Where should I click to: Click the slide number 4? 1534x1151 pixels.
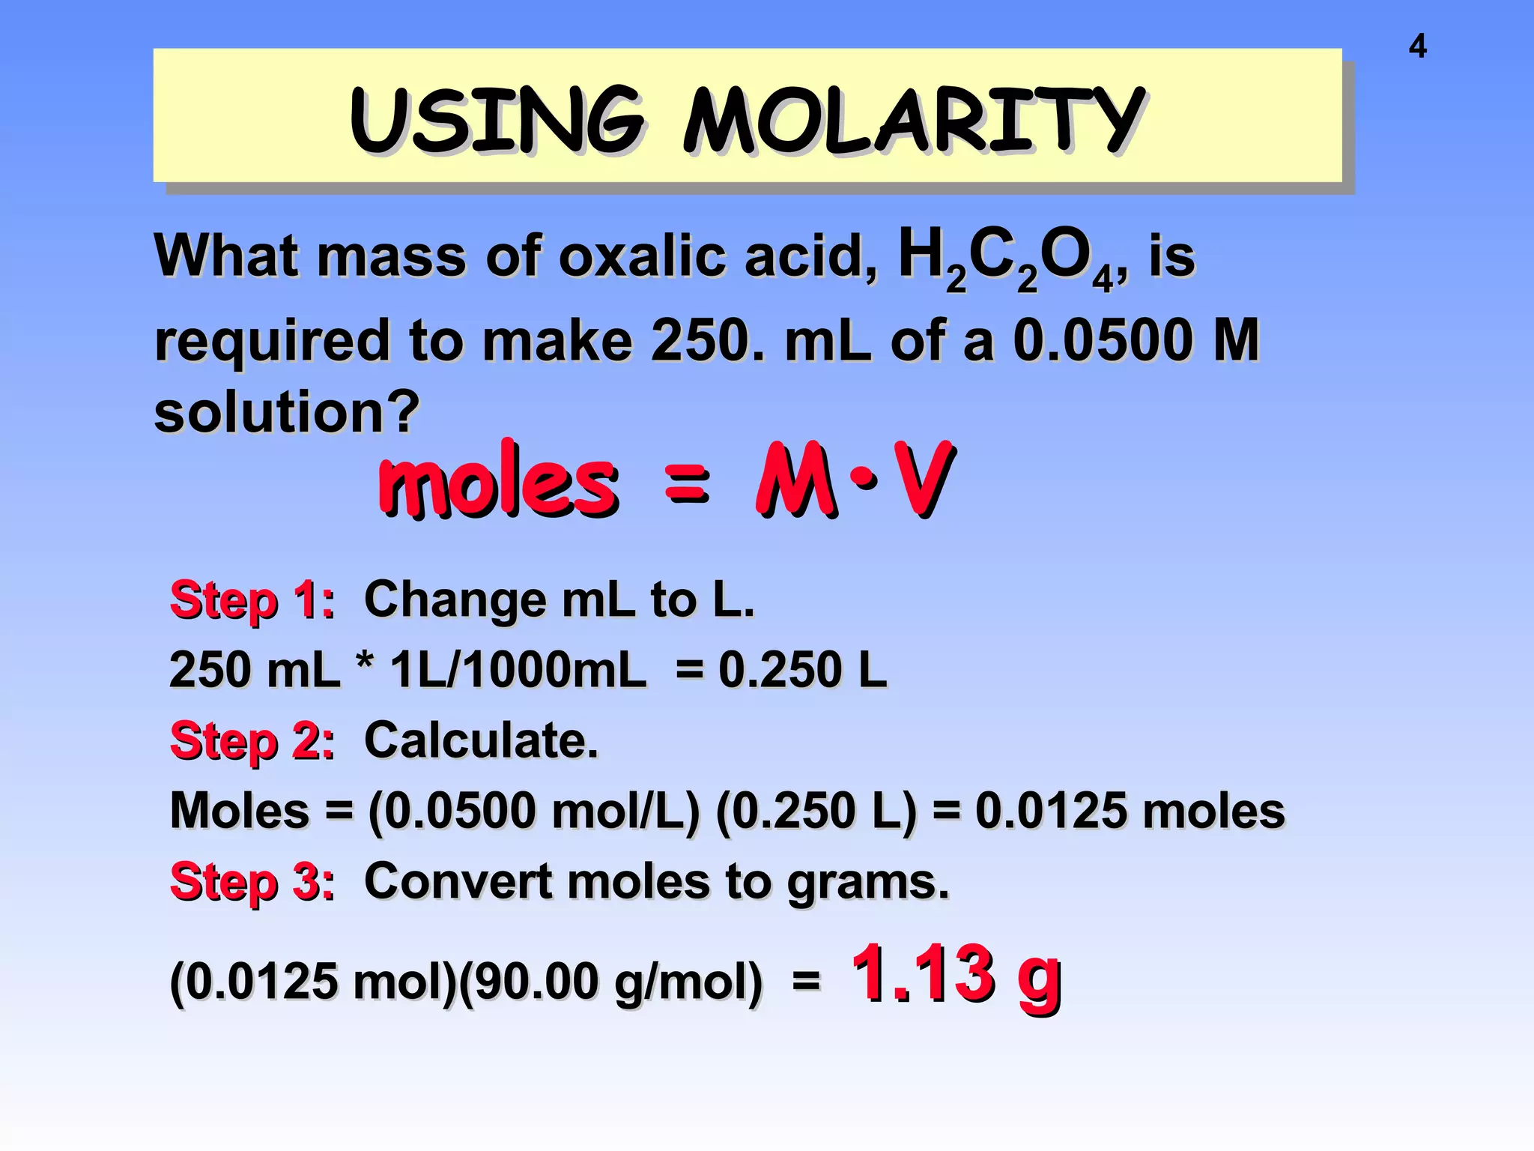pos(1417,46)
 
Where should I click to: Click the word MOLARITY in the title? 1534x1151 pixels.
pos(914,120)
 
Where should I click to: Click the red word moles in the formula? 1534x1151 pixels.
pos(499,481)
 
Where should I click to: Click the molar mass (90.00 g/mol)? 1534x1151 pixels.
pos(610,981)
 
